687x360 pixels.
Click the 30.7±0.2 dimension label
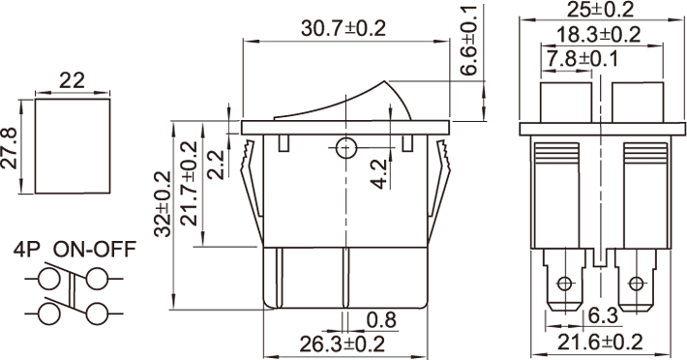click(x=343, y=29)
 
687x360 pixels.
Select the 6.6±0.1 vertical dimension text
click(x=469, y=41)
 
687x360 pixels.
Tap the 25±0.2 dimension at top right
click(x=601, y=10)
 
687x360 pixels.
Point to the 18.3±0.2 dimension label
click(x=599, y=35)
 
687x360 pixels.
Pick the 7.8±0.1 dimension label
click(x=581, y=59)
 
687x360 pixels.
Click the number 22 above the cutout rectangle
click(x=72, y=81)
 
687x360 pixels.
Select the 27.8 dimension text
click(x=10, y=148)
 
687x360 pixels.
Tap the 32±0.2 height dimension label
click(x=163, y=203)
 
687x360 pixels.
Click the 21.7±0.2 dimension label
click(x=190, y=184)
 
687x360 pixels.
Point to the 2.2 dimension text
click(x=216, y=165)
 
